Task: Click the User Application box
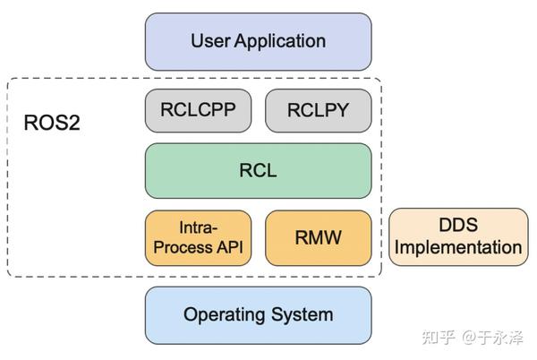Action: click(258, 41)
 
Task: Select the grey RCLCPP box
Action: click(200, 111)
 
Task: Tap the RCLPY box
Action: click(318, 111)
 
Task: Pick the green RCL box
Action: click(258, 170)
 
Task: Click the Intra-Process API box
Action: click(200, 237)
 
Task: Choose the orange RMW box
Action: click(318, 237)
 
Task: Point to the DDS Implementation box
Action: click(458, 237)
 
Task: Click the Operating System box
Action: click(258, 315)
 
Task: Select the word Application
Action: click(281, 41)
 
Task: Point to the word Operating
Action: click(224, 315)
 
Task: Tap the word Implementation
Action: click(458, 248)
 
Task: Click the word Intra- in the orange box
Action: click(200, 227)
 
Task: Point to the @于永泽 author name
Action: click(493, 338)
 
